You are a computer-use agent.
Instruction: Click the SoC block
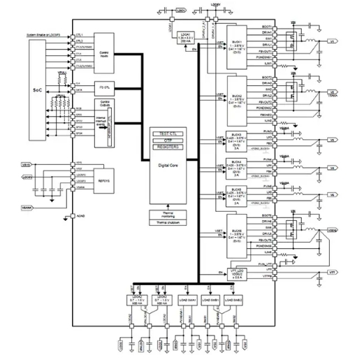pos(38,92)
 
